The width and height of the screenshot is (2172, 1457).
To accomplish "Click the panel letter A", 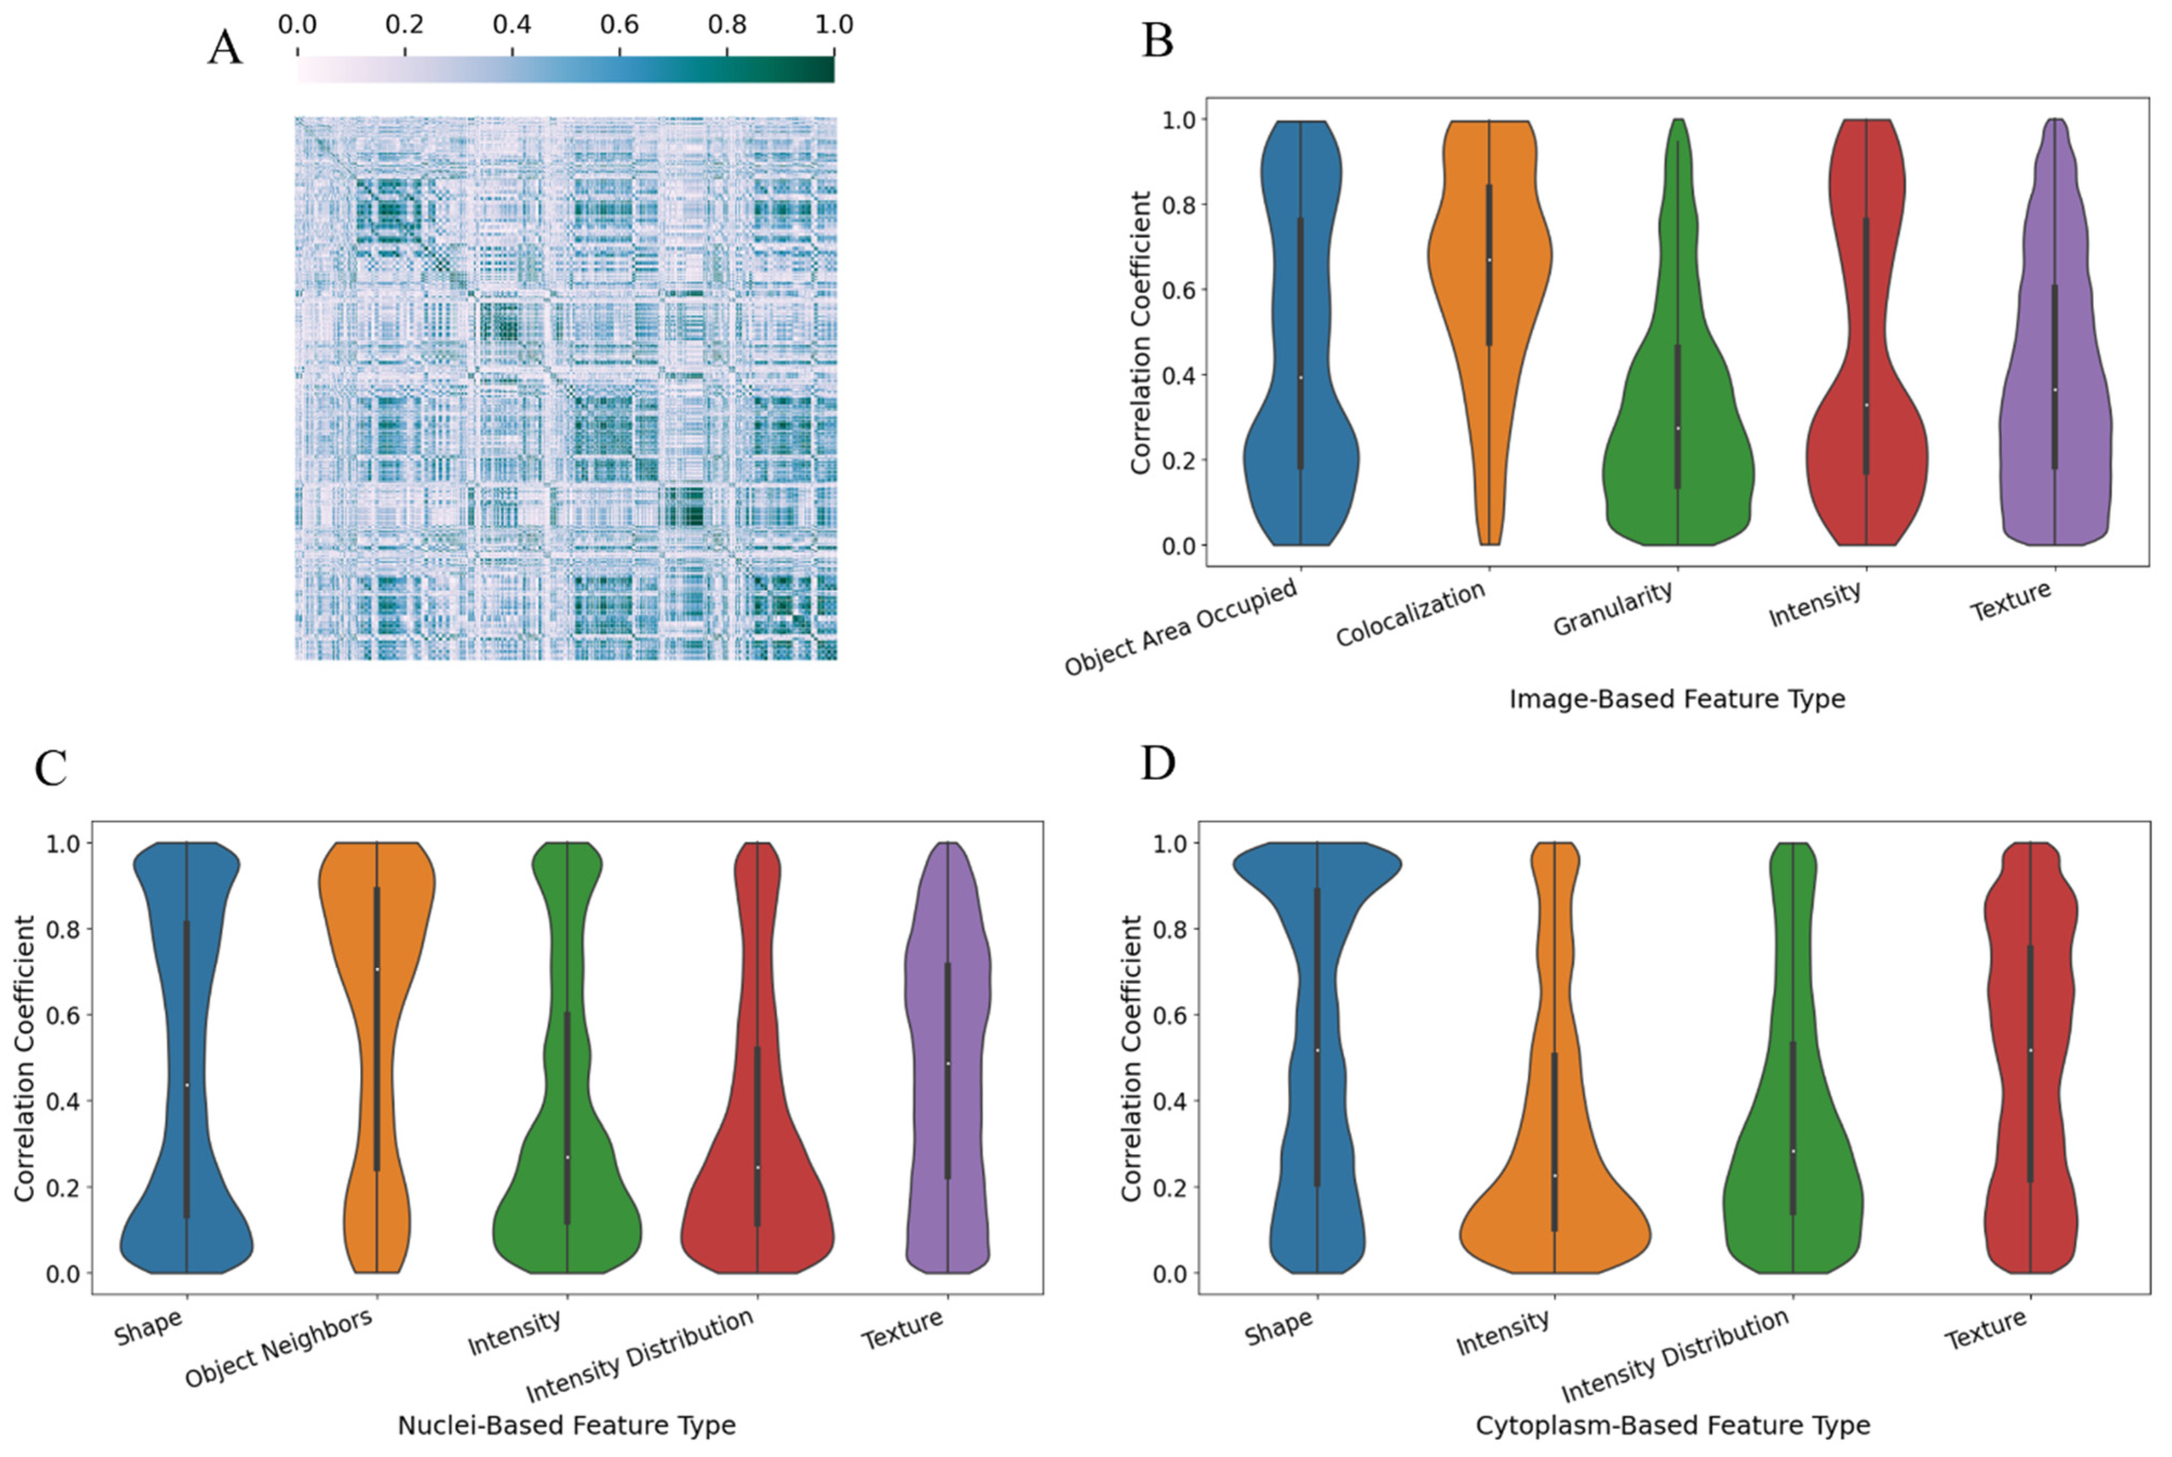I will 225,46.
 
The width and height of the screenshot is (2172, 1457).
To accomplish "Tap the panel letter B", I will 1158,41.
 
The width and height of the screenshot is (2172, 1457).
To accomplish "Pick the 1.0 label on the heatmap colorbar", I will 833,25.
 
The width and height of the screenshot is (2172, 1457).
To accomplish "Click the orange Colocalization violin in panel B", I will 1488,279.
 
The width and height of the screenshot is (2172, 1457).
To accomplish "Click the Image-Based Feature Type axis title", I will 1677,699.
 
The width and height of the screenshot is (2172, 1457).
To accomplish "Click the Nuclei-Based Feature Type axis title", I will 567,1425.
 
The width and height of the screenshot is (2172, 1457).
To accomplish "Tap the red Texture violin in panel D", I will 2030,1069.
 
